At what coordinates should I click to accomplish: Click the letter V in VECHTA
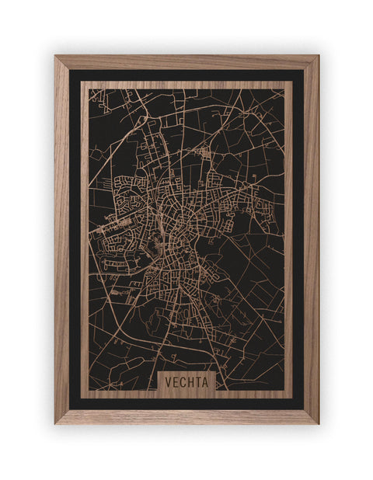pos(167,382)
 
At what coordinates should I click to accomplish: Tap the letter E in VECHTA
pos(174,382)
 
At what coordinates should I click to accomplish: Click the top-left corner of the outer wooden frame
pos(55,56)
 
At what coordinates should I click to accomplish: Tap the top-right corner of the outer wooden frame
pos(318,56)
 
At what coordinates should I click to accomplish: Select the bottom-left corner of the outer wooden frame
pos(55,423)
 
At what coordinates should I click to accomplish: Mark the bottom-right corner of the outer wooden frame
pos(318,423)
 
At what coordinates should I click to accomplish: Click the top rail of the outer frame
pos(186,62)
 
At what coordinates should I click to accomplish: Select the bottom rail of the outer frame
pos(186,416)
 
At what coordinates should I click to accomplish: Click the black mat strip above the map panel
pos(186,75)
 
